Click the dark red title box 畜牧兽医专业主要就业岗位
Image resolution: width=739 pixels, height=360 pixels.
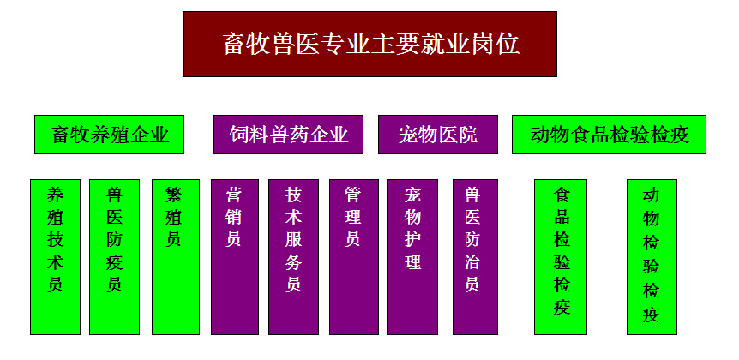(x=370, y=45)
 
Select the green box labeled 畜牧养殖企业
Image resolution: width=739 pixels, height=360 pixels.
(x=110, y=135)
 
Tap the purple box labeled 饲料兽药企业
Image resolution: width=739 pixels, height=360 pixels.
(x=288, y=135)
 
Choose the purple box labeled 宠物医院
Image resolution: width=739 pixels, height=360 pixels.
(x=438, y=135)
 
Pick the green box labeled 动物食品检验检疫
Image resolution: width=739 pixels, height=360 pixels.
(x=609, y=135)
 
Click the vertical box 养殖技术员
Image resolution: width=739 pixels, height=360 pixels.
(x=55, y=257)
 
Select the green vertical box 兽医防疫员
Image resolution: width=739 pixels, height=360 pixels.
(x=115, y=257)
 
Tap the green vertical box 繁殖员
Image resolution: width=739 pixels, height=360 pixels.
(x=176, y=257)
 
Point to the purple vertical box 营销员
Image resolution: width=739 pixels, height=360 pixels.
(x=235, y=257)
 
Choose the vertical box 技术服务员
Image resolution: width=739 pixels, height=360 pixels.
(x=293, y=257)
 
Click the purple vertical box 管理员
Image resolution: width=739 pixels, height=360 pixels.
(x=354, y=257)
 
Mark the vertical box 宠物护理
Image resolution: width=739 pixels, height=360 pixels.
(x=412, y=257)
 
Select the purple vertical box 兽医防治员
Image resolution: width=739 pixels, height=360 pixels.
(x=475, y=257)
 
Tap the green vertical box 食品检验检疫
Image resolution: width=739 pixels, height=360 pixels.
(x=561, y=257)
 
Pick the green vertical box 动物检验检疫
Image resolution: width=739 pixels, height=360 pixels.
(x=652, y=257)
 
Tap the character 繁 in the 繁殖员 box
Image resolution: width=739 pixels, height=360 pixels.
(x=174, y=195)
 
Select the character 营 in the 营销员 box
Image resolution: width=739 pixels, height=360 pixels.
(x=234, y=195)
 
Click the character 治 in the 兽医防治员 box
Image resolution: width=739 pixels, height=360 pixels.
(x=472, y=262)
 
